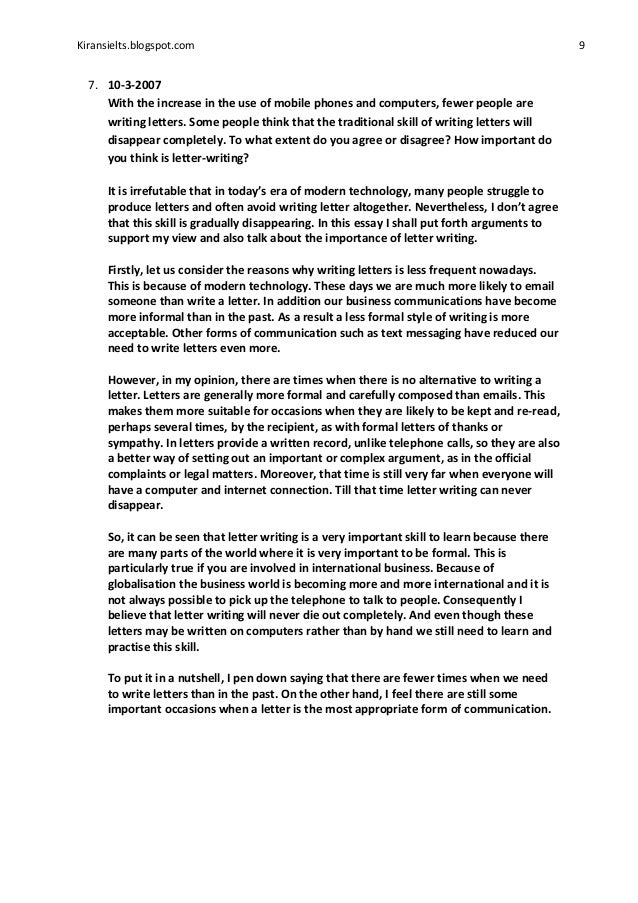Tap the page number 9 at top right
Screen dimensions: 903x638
[582, 45]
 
